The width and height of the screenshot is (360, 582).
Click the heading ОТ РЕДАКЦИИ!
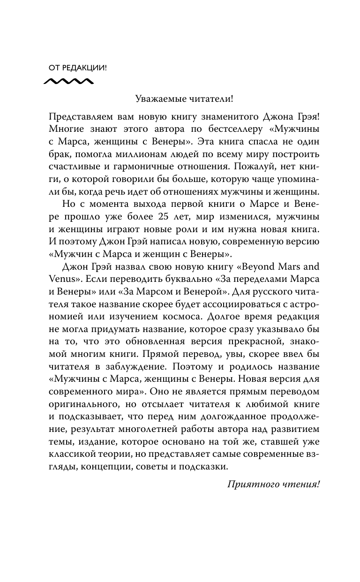coord(78,68)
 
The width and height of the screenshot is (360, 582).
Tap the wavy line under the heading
coord(68,82)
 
